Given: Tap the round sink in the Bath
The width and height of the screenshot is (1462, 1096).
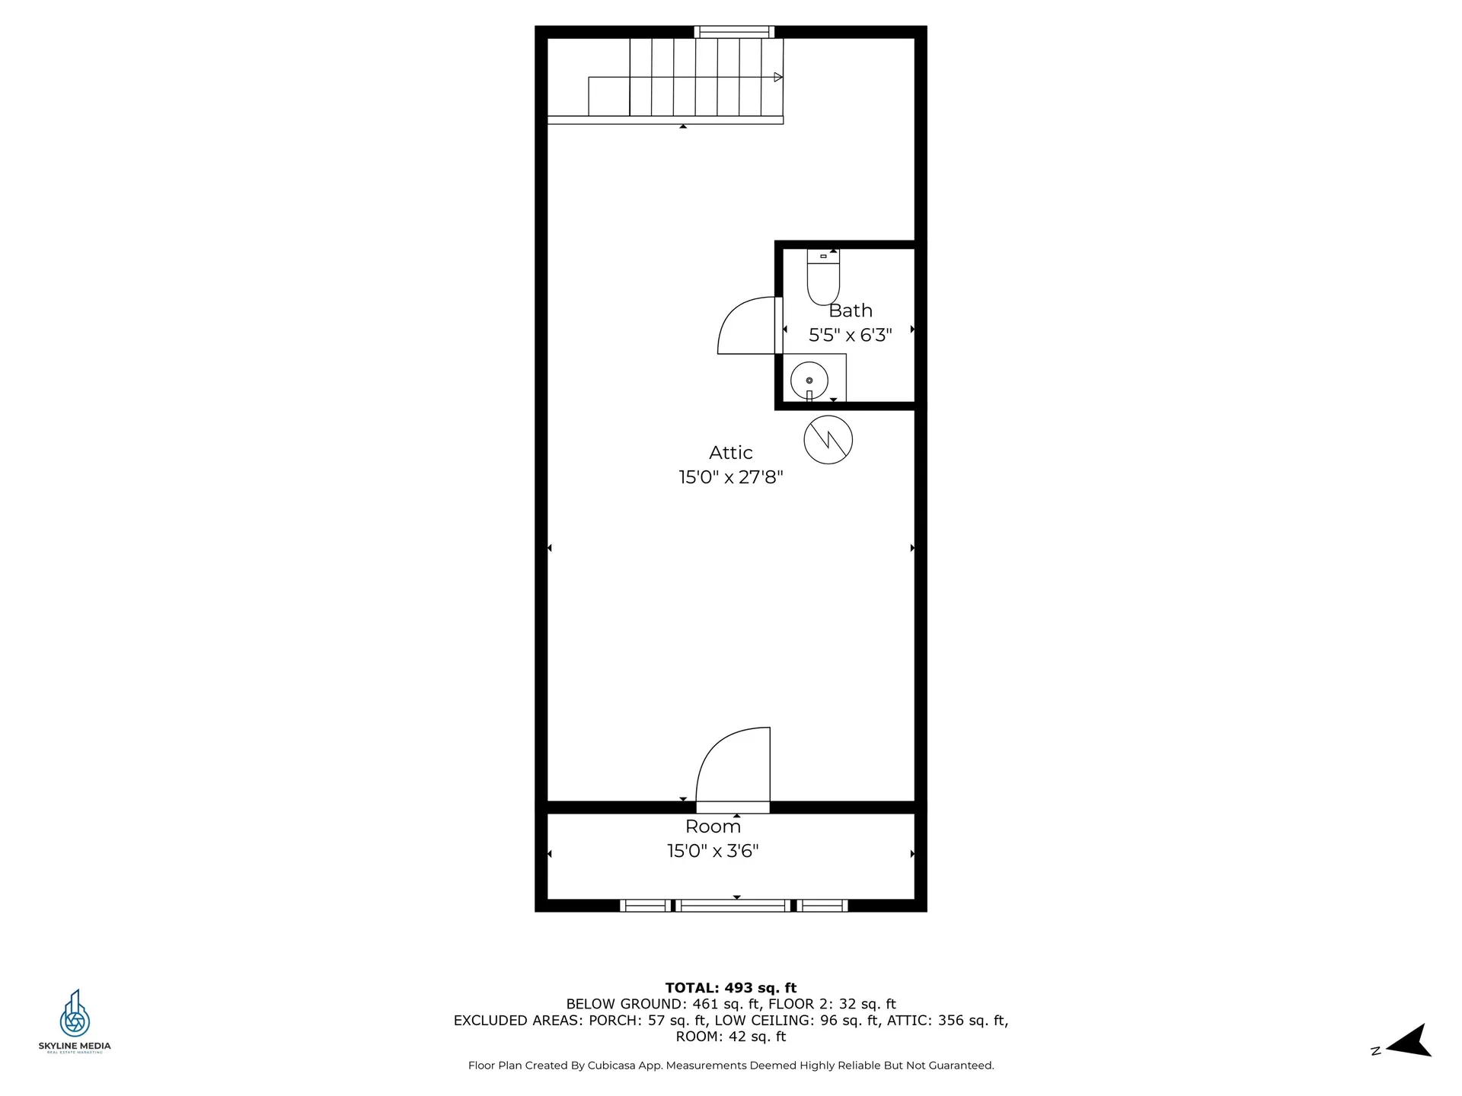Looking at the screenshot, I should tap(809, 380).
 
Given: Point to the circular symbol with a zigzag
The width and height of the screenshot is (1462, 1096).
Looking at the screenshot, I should tap(828, 440).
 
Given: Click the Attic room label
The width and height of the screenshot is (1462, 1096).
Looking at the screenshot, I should tap(730, 453).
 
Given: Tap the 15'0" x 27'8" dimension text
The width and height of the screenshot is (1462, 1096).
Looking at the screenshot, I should tap(730, 477).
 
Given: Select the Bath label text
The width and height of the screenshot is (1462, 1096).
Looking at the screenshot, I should tap(850, 311).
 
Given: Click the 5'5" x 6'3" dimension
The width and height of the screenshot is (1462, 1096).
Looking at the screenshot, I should tap(850, 335).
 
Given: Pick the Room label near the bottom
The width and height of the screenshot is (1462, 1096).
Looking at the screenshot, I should tap(713, 827).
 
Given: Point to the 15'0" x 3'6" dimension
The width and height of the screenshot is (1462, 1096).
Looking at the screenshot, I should tap(713, 851).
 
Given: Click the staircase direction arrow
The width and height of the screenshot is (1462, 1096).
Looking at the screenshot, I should tap(777, 77).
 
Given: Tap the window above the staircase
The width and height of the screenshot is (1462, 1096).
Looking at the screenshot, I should tap(734, 32).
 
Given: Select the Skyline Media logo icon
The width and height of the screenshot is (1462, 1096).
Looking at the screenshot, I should tap(75, 1013).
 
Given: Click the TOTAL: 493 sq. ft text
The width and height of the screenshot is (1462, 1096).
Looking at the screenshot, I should tap(730, 988).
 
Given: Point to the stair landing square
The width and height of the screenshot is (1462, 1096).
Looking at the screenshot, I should tap(608, 96).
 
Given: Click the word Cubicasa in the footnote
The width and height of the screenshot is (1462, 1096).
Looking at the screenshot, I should tap(612, 1066).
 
